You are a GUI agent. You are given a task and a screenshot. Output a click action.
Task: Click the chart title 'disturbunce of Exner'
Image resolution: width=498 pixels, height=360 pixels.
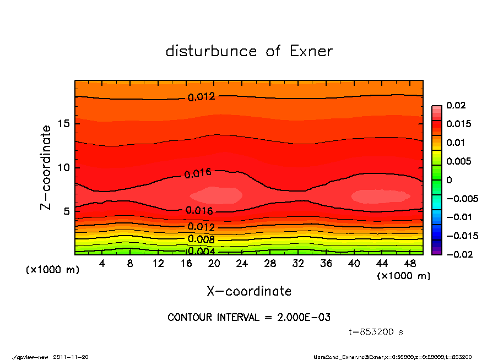click(249, 51)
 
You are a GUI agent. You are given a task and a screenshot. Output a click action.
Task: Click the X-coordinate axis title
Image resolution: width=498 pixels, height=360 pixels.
click(249, 291)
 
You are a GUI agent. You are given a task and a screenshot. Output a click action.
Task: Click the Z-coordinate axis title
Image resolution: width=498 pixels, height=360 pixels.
click(46, 167)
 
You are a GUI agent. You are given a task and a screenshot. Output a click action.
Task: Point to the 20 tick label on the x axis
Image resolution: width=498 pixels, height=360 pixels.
click(214, 264)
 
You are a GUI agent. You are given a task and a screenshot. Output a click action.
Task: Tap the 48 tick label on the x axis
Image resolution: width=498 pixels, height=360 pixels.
click(410, 264)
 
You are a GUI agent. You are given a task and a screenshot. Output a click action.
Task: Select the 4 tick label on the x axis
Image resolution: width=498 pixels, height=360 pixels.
click(102, 264)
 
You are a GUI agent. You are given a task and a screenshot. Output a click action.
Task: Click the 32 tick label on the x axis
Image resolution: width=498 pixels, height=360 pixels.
click(298, 264)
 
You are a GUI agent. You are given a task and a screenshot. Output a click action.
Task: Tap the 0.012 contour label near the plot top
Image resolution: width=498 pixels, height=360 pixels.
click(202, 97)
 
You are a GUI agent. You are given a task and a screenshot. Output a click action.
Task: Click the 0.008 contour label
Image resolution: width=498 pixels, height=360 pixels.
click(201, 239)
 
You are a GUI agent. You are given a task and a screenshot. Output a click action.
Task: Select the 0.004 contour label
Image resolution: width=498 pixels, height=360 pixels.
click(201, 251)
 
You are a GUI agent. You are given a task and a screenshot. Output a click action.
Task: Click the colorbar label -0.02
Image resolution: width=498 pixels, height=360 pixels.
click(457, 254)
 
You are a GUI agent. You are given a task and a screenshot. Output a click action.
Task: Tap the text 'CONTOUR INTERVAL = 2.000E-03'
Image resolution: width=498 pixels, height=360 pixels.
click(249, 318)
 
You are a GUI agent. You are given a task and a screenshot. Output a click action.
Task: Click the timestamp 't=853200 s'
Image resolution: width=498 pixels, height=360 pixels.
click(376, 332)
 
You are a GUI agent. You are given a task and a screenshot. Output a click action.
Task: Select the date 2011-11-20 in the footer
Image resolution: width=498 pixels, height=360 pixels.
click(71, 357)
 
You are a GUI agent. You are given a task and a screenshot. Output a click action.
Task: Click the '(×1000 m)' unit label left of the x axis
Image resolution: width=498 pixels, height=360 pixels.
click(50, 270)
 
